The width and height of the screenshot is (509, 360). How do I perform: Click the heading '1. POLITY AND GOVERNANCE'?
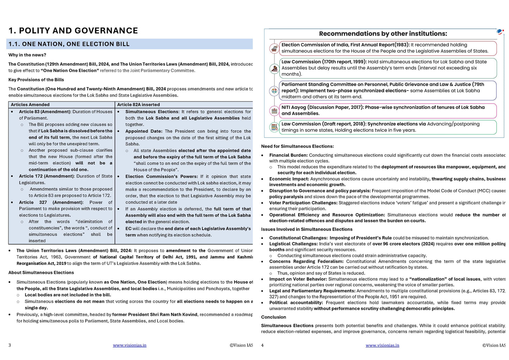[x=73, y=31]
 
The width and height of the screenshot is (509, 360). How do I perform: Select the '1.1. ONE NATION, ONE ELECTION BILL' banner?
[x=69, y=44]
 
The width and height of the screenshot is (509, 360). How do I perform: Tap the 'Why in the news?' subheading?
[x=27, y=55]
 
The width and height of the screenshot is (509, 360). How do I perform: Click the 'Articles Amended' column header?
[x=30, y=105]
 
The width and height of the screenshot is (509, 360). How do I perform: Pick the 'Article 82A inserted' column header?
[x=138, y=105]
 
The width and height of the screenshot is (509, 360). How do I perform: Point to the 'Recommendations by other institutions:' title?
[x=383, y=34]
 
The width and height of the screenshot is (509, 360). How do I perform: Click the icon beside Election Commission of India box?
[x=274, y=48]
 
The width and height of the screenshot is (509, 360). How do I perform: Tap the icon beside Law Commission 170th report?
[x=274, y=68]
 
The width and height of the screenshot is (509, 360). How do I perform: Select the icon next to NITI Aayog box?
[x=274, y=111]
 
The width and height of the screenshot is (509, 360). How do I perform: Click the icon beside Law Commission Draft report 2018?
[x=274, y=127]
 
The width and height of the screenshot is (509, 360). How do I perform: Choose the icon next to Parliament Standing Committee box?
[x=274, y=91]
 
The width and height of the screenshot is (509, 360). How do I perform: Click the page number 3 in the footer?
[x=10, y=345]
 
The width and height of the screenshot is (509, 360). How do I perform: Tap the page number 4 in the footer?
[x=262, y=345]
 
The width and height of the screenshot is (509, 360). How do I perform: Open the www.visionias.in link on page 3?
[x=130, y=345]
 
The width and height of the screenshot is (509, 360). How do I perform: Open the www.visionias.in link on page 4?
[x=382, y=345]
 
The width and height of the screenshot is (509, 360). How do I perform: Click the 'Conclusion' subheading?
[x=273, y=317]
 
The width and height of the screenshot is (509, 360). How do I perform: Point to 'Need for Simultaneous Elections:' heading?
[x=297, y=146]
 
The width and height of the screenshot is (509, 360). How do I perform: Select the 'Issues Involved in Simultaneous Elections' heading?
[x=306, y=229]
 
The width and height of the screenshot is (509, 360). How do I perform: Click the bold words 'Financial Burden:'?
[x=288, y=155]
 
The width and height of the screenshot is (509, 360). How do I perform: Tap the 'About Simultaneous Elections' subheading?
[x=41, y=273]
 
